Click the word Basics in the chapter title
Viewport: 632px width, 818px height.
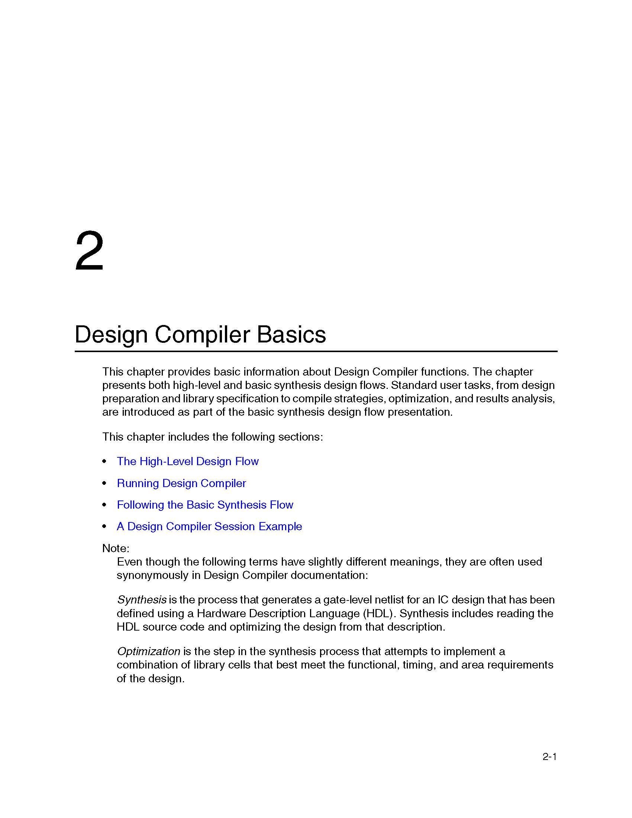(291, 334)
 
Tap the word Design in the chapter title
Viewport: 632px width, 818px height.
(111, 334)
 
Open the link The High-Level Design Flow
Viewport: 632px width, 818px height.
(188, 461)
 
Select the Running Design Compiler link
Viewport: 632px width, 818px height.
(181, 483)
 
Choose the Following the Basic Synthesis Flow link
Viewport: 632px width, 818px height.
(205, 505)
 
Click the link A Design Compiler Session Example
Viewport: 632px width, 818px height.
(209, 526)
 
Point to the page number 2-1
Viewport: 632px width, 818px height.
(549, 757)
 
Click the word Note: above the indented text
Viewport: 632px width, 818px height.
(116, 548)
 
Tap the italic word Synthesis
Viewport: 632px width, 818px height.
(142, 600)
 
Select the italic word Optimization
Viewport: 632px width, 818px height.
(149, 651)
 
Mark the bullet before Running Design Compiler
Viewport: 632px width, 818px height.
(104, 483)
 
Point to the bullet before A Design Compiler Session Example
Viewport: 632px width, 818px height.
(104, 526)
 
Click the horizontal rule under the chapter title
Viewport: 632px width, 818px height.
(316, 351)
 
